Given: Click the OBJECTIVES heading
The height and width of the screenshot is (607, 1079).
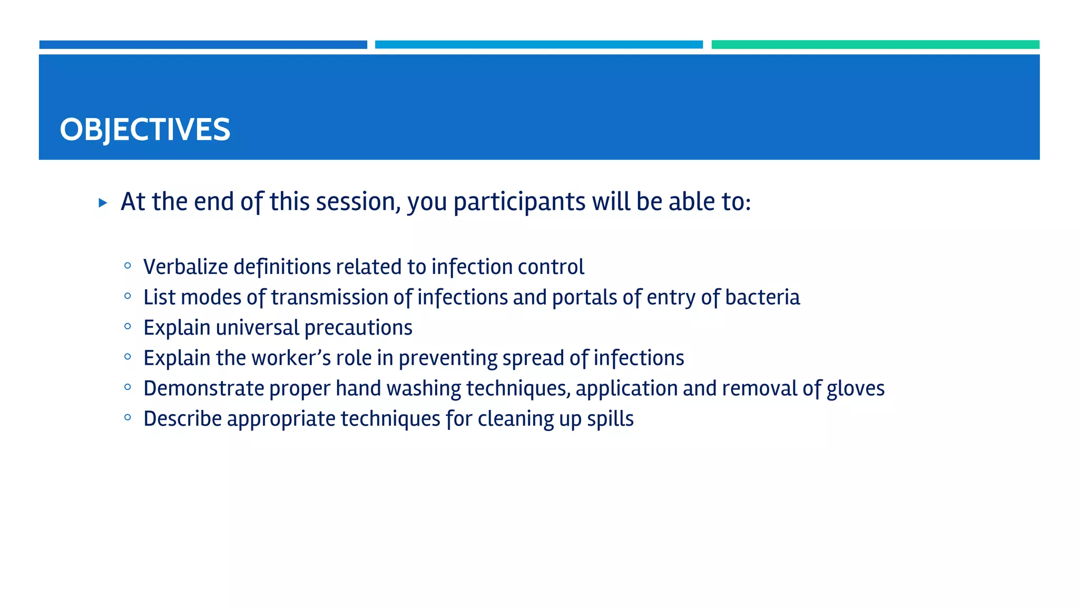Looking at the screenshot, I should point(145,130).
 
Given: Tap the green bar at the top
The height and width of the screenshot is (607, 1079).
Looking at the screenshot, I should point(875,45).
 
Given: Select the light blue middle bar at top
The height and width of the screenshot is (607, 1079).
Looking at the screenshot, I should point(538,45).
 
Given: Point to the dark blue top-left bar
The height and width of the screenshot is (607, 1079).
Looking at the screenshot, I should point(203,45).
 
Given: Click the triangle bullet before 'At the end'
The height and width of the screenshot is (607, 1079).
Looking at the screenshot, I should point(103,203).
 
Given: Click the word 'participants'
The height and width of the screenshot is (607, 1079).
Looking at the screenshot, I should point(519,202).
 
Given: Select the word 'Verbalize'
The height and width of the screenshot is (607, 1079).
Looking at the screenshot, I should point(185,267).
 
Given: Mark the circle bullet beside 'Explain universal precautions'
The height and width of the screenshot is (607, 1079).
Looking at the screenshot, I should point(127,327).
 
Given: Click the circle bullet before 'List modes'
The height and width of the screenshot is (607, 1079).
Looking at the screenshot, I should point(127,296).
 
